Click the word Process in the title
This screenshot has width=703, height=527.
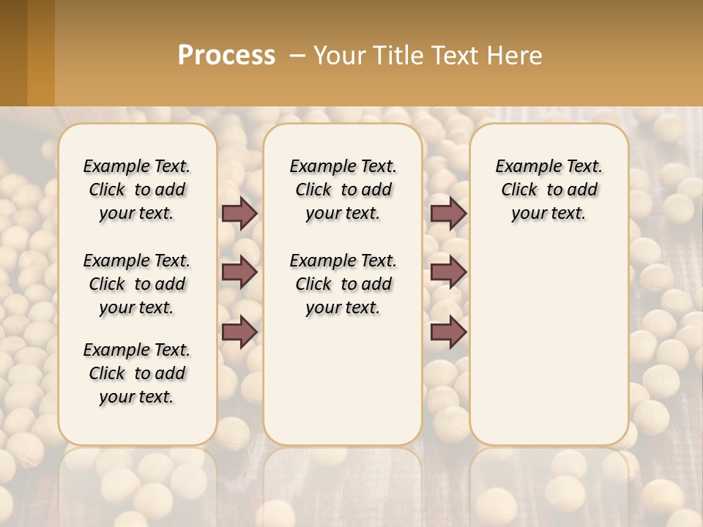tap(226, 56)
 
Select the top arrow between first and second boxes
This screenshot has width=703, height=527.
tap(239, 213)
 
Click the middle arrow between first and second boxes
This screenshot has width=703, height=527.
tap(239, 272)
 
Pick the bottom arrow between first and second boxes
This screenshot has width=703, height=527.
tap(239, 332)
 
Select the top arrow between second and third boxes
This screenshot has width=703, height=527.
tap(448, 213)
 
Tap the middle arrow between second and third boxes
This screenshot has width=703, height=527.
tap(448, 272)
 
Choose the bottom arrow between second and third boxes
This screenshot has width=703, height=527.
tap(448, 332)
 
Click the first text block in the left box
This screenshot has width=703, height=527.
tap(137, 190)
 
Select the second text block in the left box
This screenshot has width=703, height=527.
tap(137, 284)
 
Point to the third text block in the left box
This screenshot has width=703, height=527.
tap(137, 373)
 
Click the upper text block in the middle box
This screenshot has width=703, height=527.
tap(343, 190)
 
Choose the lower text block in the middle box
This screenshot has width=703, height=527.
tap(343, 284)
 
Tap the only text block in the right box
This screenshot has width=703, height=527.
tap(549, 190)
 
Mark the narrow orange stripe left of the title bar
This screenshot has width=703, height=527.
tap(41, 53)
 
